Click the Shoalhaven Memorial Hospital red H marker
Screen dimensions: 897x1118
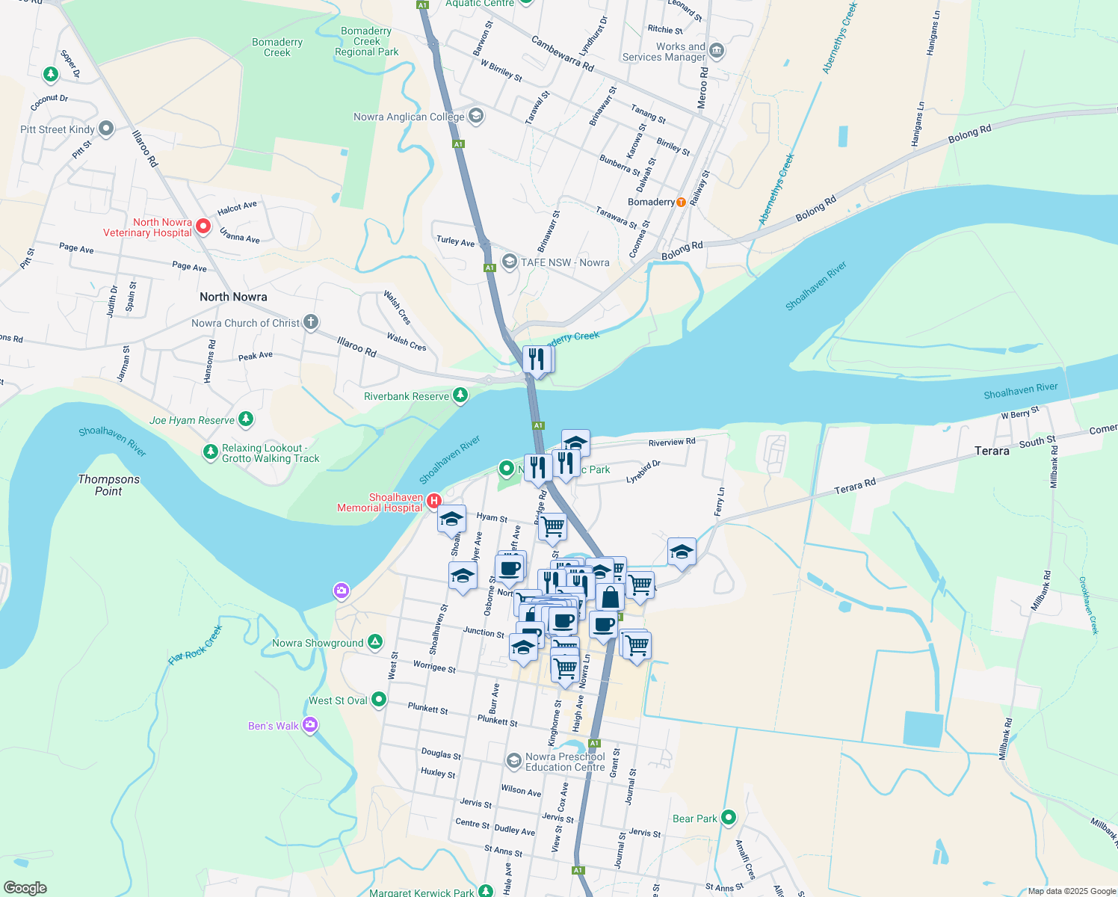coord(433,501)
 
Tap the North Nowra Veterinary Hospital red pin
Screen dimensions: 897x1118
coord(203,226)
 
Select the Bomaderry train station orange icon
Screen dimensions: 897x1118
coord(681,202)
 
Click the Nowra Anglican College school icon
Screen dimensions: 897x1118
coord(476,116)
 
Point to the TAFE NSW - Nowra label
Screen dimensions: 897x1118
coord(564,262)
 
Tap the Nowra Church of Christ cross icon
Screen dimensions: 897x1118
coord(310,323)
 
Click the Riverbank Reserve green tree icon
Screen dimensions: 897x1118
coord(460,395)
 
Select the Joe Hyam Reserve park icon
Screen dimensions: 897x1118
coord(245,419)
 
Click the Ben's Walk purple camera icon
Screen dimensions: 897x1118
coord(310,725)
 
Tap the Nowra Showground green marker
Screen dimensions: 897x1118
coord(375,642)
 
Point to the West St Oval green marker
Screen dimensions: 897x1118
coord(379,700)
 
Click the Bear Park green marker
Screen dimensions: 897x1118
coord(729,818)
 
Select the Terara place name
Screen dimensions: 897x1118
coord(992,451)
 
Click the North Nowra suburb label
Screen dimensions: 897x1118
coord(233,297)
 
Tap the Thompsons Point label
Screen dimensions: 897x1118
coord(109,485)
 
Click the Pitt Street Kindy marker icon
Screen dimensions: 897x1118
coord(106,129)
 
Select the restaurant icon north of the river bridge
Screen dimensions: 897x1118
coord(537,360)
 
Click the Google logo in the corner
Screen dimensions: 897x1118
coord(25,888)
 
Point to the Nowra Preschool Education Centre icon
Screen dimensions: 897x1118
coord(513,761)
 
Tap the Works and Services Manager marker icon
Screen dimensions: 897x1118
coord(716,51)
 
